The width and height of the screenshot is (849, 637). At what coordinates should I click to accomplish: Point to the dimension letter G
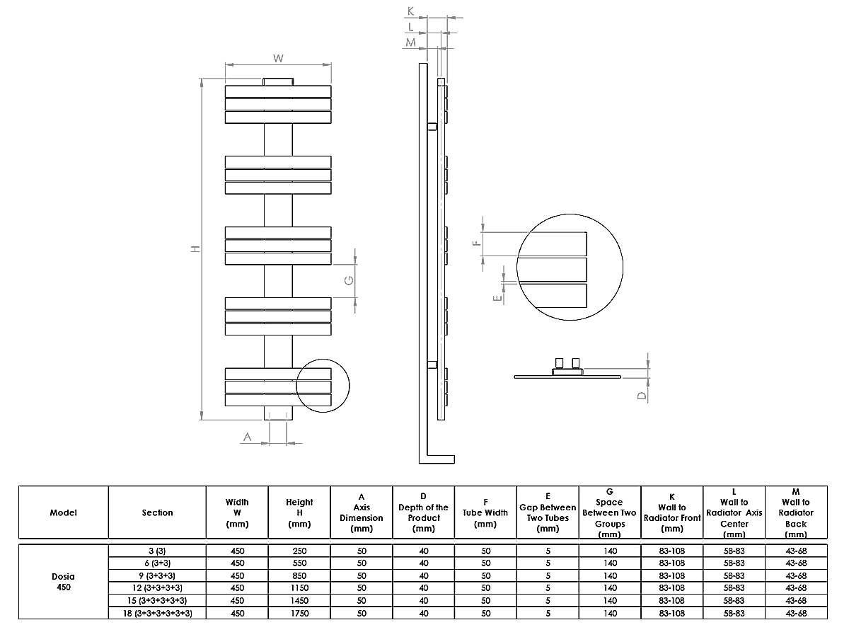(x=349, y=281)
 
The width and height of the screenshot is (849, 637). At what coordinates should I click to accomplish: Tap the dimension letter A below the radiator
(x=248, y=437)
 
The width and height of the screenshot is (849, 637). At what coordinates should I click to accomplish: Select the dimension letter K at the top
(x=411, y=11)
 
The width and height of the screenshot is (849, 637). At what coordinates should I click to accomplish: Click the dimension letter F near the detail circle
(x=477, y=242)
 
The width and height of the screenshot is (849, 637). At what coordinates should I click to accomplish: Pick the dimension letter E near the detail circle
(x=498, y=298)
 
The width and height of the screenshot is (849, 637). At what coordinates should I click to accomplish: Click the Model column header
(x=64, y=512)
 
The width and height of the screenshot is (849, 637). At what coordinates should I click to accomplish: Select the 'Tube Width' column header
(x=485, y=512)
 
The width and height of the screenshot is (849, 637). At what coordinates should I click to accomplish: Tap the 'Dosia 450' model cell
(x=64, y=581)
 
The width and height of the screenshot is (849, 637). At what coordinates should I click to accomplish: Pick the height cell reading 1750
(x=299, y=613)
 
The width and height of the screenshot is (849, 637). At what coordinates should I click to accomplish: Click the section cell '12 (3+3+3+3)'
(x=157, y=587)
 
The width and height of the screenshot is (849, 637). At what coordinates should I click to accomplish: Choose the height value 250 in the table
(x=299, y=550)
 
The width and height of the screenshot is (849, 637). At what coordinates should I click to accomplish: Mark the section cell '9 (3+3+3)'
(x=157, y=575)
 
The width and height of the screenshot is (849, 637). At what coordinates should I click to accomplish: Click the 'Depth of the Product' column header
(x=423, y=512)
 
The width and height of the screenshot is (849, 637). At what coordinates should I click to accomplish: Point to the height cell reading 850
(x=299, y=575)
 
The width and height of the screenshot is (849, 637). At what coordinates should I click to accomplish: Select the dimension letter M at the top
(x=411, y=42)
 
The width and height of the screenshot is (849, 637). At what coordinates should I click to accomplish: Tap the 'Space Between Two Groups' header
(x=609, y=512)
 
